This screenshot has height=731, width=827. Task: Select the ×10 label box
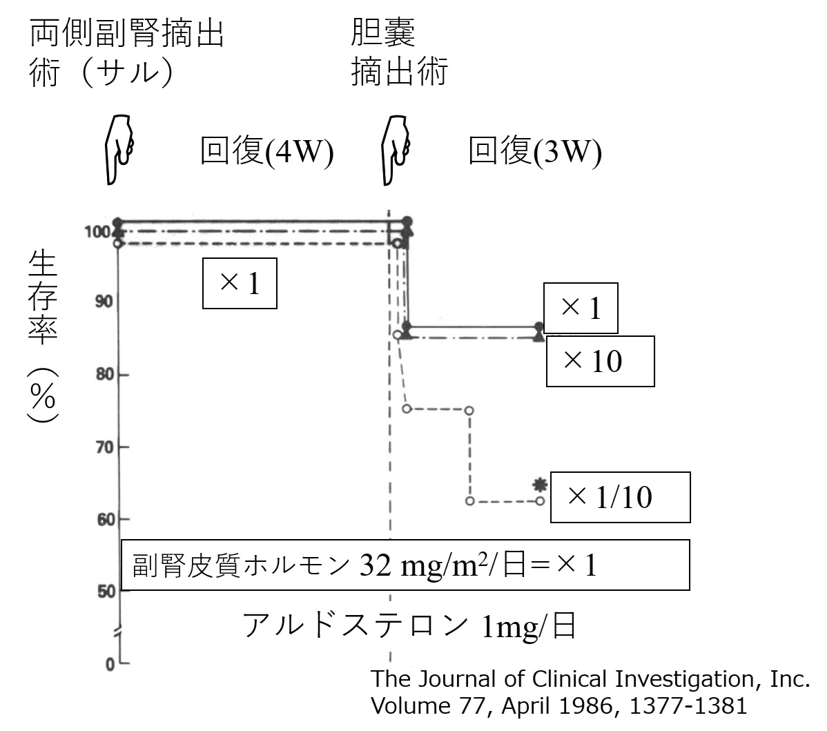pos(600,361)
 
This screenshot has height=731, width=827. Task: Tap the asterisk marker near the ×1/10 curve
pos(540,485)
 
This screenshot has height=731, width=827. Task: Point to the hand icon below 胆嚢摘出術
pos(396,149)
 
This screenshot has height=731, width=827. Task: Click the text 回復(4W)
pos(266,151)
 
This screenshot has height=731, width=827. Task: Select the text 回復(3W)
pos(534,151)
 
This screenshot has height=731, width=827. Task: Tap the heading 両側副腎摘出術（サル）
pos(127,52)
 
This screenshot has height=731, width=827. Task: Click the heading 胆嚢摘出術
pos(399,52)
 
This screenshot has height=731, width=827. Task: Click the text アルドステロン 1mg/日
pos(409,626)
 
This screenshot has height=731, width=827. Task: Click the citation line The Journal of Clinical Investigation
pos(590,679)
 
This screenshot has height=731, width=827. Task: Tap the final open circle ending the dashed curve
pos(540,500)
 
